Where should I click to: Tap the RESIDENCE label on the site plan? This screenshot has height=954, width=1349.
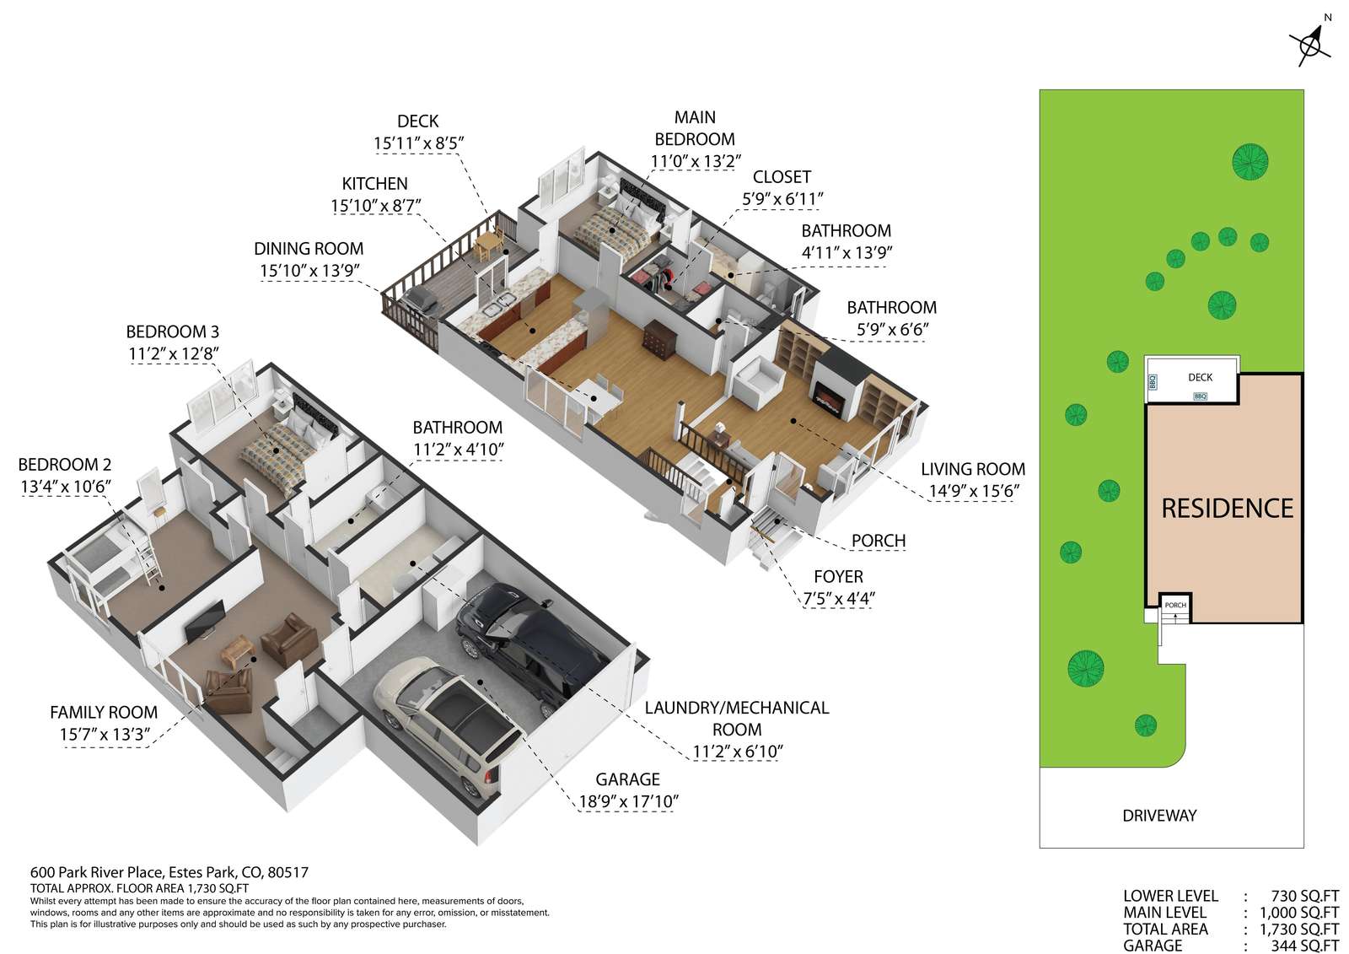[x=1227, y=509]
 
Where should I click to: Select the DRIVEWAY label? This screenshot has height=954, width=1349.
[x=1159, y=816]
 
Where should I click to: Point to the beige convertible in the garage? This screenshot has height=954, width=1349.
[x=449, y=723]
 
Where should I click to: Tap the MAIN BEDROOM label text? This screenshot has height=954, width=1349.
[x=695, y=128]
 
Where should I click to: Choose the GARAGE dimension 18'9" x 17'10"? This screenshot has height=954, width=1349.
[x=628, y=801]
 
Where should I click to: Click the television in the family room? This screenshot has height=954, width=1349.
[x=205, y=621]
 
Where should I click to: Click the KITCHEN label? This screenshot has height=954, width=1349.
[x=374, y=183]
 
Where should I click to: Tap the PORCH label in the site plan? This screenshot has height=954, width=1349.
[x=1175, y=605]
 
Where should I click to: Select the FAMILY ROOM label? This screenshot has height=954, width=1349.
[x=104, y=712]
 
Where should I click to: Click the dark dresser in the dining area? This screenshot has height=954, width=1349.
[x=658, y=337]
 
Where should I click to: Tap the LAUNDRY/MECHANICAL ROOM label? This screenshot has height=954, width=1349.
[x=737, y=719]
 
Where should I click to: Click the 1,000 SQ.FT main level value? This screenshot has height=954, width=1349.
[x=1299, y=913]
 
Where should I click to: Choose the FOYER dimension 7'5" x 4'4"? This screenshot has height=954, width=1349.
[x=838, y=599]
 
